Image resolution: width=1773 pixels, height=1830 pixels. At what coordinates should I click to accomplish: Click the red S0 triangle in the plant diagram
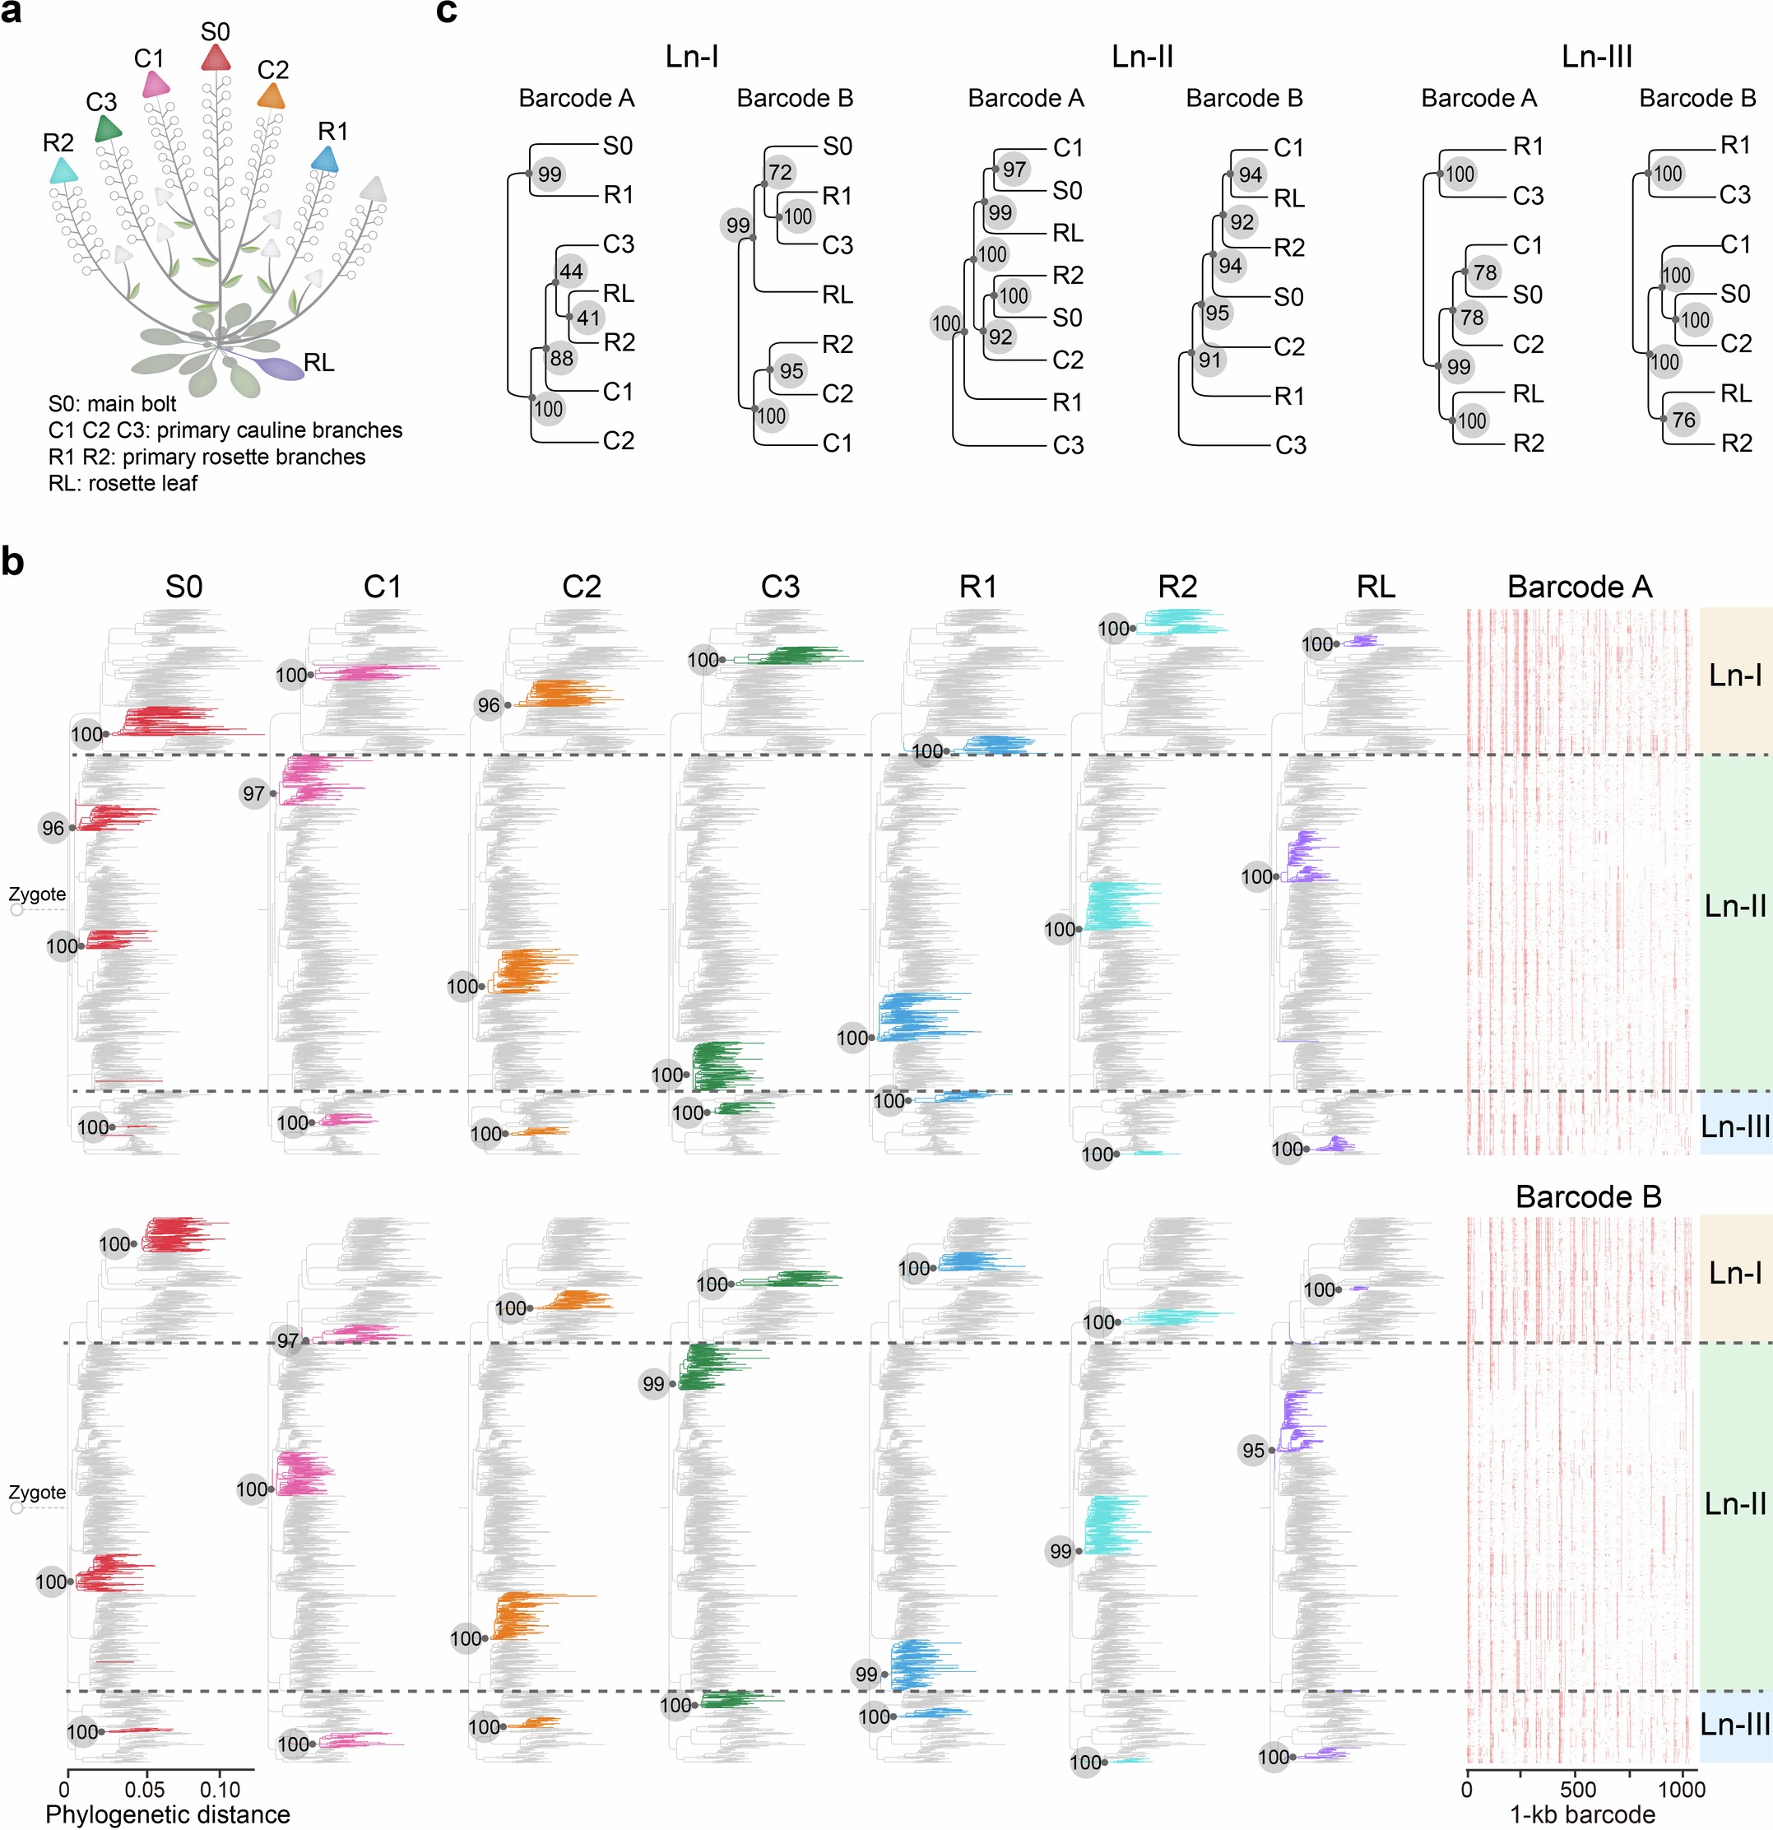tap(216, 58)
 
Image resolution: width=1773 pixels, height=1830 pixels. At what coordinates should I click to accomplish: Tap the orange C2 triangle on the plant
tap(271, 96)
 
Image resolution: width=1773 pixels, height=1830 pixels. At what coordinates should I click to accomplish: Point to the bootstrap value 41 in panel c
tap(588, 318)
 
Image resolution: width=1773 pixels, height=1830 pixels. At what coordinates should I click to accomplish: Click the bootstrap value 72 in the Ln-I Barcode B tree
tap(781, 172)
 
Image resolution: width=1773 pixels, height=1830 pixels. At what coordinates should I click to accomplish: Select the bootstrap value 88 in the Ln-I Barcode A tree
tap(561, 358)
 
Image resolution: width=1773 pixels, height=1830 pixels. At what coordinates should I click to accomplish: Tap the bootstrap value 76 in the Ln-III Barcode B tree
tap(1683, 419)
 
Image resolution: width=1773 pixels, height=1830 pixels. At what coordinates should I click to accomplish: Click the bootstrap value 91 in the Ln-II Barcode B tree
tap(1210, 360)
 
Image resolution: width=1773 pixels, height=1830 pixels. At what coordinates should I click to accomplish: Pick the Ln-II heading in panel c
tap(1142, 57)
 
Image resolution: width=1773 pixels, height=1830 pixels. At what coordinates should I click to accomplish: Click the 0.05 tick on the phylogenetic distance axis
tap(145, 1789)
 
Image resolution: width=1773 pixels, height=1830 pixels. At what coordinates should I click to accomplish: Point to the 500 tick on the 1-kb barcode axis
tap(1577, 1789)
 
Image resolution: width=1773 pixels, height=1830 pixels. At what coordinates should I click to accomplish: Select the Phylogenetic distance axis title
tap(168, 1814)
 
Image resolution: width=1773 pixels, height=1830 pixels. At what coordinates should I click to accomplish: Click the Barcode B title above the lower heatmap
tap(1588, 1196)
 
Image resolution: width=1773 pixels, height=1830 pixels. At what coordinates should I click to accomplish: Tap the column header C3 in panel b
tap(780, 587)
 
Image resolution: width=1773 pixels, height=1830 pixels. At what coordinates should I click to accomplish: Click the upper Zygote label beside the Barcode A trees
tap(37, 894)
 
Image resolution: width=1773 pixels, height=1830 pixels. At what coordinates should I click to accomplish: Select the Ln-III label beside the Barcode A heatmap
tap(1734, 1126)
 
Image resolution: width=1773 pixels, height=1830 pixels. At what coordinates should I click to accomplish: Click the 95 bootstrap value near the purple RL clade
tap(1253, 1450)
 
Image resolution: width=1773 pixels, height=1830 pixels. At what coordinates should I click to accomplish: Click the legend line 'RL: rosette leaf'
tap(123, 483)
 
